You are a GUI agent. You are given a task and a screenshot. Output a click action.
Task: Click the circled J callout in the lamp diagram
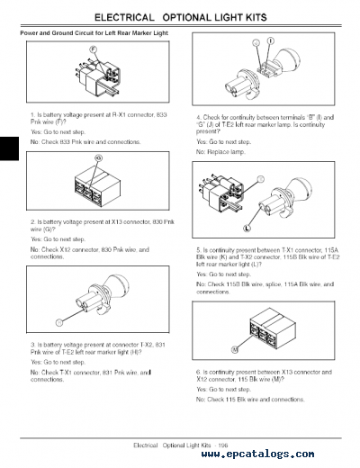tap(257, 43)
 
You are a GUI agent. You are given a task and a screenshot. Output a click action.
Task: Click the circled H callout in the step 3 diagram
tap(58, 321)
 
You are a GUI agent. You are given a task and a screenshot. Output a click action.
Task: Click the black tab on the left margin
tap(8, 144)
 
